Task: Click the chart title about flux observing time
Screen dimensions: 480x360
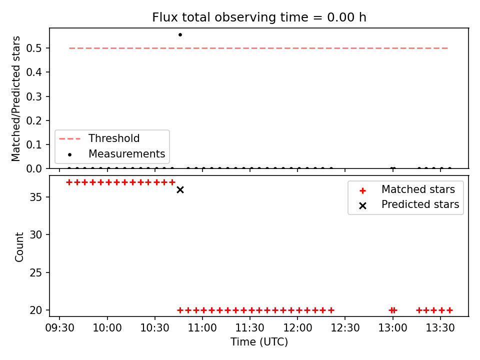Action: [259, 17]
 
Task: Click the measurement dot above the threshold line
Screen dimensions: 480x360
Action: [180, 35]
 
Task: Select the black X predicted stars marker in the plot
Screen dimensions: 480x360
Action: [180, 190]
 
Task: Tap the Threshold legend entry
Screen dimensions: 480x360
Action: [99, 138]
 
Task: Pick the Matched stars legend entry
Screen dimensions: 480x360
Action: [407, 189]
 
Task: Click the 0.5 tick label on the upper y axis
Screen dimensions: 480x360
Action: [34, 48]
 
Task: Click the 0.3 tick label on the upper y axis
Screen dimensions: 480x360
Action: [34, 96]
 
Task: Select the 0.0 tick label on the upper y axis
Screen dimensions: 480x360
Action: [34, 168]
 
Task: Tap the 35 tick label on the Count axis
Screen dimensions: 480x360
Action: [35, 197]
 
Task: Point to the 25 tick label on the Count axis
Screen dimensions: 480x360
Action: [35, 272]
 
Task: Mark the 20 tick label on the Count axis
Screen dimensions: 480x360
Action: [35, 310]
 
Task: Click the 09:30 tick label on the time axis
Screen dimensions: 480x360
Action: [59, 328]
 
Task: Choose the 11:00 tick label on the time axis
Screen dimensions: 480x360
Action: [202, 328]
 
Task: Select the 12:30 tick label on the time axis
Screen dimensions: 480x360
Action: [345, 328]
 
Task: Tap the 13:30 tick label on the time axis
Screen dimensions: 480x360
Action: [440, 328]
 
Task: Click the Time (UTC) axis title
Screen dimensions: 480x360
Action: [259, 341]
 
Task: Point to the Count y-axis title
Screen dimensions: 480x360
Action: [19, 246]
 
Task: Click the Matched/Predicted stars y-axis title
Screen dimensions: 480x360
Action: [15, 98]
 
